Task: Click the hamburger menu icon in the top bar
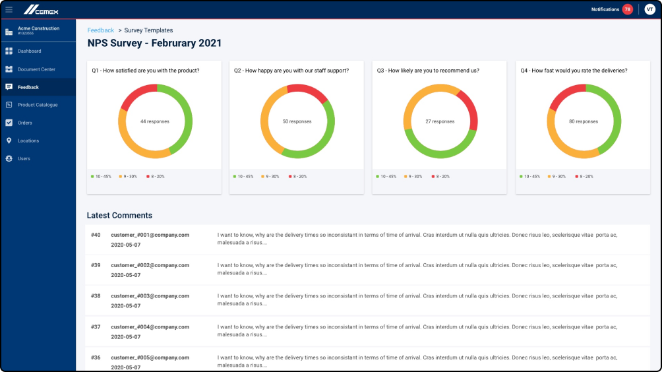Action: click(9, 9)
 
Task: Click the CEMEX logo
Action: click(42, 9)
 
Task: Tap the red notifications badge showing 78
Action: click(627, 9)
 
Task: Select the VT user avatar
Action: click(649, 9)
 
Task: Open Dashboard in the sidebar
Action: click(29, 51)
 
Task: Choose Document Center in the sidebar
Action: click(36, 69)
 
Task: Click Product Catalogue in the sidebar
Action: click(38, 105)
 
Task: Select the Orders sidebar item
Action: click(25, 123)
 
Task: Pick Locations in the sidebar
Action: click(28, 140)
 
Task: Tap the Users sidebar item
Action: click(24, 158)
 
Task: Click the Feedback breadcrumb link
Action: click(100, 30)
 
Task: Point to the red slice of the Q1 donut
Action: click(137, 94)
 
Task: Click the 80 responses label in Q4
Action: click(584, 121)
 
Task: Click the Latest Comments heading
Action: click(119, 216)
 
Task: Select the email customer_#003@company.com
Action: click(150, 295)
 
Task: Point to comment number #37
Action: click(96, 326)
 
